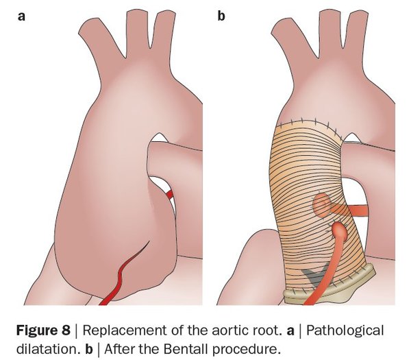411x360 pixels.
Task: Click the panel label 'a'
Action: (x=21, y=14)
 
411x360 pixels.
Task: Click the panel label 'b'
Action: (x=221, y=14)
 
